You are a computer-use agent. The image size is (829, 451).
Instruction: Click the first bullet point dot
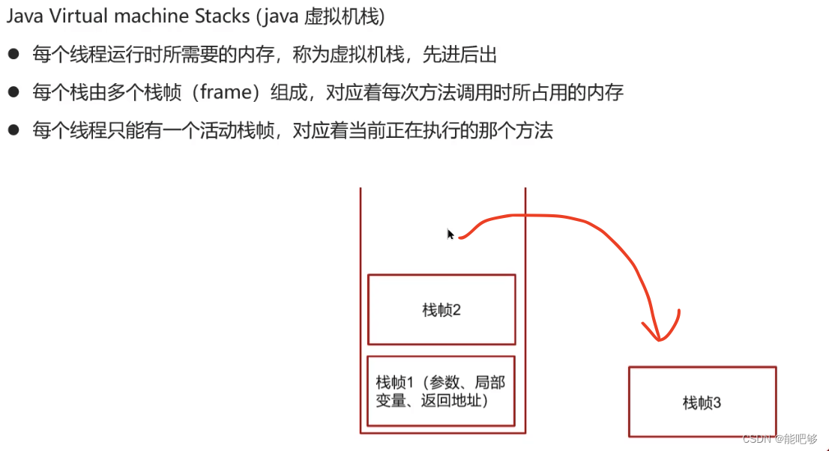click(x=13, y=54)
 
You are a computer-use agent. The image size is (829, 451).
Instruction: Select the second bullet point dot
click(x=13, y=93)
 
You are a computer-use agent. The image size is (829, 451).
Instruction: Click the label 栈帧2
click(x=441, y=310)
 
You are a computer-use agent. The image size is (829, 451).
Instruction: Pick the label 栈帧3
click(x=702, y=403)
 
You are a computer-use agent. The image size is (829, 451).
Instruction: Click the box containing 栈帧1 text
click(x=441, y=391)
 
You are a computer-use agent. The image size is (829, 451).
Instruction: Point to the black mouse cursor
click(x=450, y=234)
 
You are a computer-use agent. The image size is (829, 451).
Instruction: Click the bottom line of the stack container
click(x=442, y=433)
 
